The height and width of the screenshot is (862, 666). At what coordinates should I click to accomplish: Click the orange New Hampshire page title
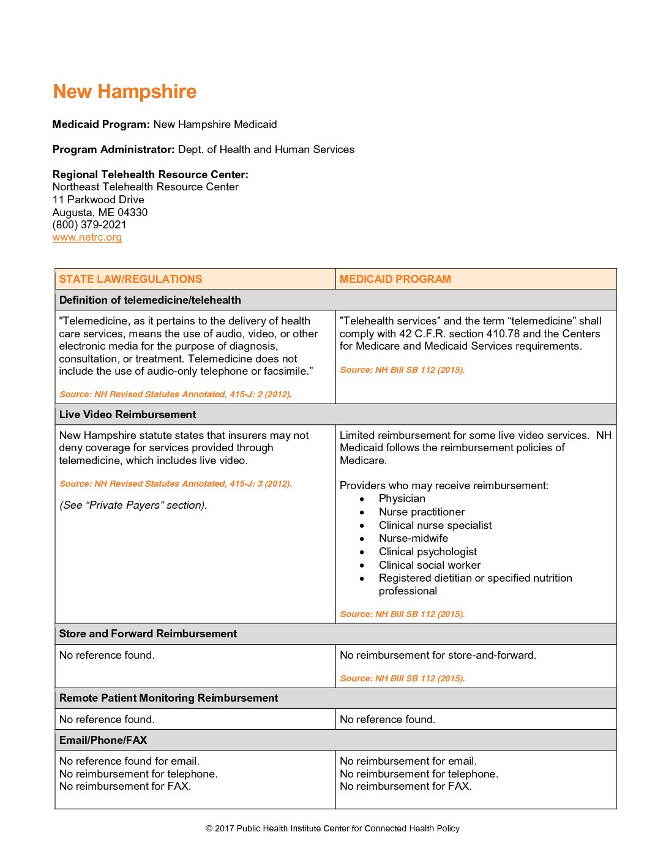click(x=124, y=92)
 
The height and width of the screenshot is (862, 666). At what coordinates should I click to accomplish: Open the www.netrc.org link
click(x=87, y=238)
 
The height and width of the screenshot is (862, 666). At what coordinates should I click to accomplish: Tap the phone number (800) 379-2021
click(x=89, y=225)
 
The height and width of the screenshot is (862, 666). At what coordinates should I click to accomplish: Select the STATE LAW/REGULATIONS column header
click(x=130, y=279)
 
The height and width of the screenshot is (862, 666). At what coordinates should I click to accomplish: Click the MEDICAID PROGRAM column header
click(x=395, y=279)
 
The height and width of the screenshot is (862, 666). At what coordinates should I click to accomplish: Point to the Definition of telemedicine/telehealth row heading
click(x=150, y=300)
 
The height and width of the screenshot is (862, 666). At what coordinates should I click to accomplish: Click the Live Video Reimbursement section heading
click(x=127, y=414)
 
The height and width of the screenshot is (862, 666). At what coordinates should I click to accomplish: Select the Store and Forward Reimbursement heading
click(x=148, y=634)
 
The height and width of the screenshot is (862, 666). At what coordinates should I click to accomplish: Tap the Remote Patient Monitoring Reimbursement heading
click(x=168, y=698)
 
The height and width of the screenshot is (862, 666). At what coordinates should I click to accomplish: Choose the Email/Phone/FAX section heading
click(x=103, y=740)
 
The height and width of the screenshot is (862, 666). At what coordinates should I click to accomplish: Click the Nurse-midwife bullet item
click(x=413, y=538)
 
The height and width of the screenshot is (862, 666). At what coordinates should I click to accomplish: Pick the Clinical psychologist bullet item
click(x=427, y=552)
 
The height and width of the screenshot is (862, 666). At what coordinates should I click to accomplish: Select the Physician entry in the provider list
click(x=402, y=498)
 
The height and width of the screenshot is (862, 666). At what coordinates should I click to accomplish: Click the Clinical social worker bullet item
click(x=429, y=565)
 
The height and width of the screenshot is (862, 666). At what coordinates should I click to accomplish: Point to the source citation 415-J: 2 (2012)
click(x=175, y=394)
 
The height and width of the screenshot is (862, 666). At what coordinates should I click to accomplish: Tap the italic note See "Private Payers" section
click(x=133, y=505)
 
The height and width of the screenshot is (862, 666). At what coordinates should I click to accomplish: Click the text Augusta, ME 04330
click(x=100, y=212)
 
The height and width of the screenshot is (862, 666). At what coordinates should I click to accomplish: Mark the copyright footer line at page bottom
click(x=332, y=828)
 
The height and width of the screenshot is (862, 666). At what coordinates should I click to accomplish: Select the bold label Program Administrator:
click(x=113, y=149)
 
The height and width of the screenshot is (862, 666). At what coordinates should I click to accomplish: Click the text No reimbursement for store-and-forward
click(x=438, y=655)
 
